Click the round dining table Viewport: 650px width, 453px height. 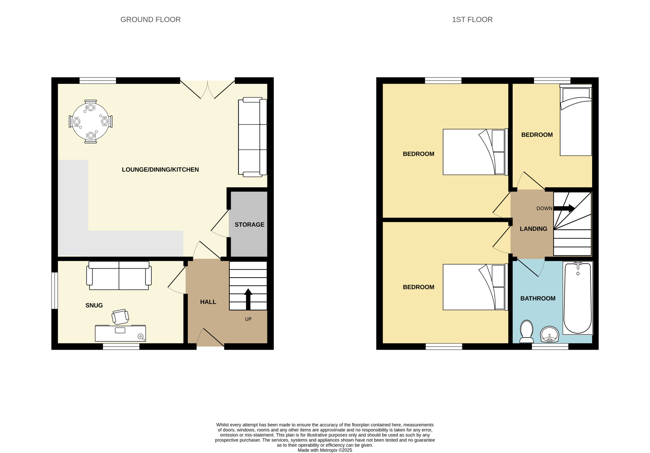coord(91,122)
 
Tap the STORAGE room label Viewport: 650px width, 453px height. coord(249,224)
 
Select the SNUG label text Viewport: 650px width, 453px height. coord(94,305)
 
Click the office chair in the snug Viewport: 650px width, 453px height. coord(120,317)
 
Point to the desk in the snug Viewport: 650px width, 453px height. coord(120,333)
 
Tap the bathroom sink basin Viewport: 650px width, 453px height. coord(549,334)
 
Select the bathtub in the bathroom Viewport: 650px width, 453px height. coord(578,298)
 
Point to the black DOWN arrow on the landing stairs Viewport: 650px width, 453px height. coord(564,209)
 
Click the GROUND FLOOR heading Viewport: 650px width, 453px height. coord(151,20)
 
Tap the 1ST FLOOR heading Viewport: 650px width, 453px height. coord(472,20)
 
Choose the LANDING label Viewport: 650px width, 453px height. coord(533,229)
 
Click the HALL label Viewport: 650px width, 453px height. coord(208,302)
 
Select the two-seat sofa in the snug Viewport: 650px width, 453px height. coord(119,275)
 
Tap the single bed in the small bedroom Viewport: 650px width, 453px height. coord(576,120)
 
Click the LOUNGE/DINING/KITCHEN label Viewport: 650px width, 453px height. coord(160,170)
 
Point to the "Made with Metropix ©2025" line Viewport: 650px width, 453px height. coord(325,450)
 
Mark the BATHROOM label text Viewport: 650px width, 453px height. coord(538,298)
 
